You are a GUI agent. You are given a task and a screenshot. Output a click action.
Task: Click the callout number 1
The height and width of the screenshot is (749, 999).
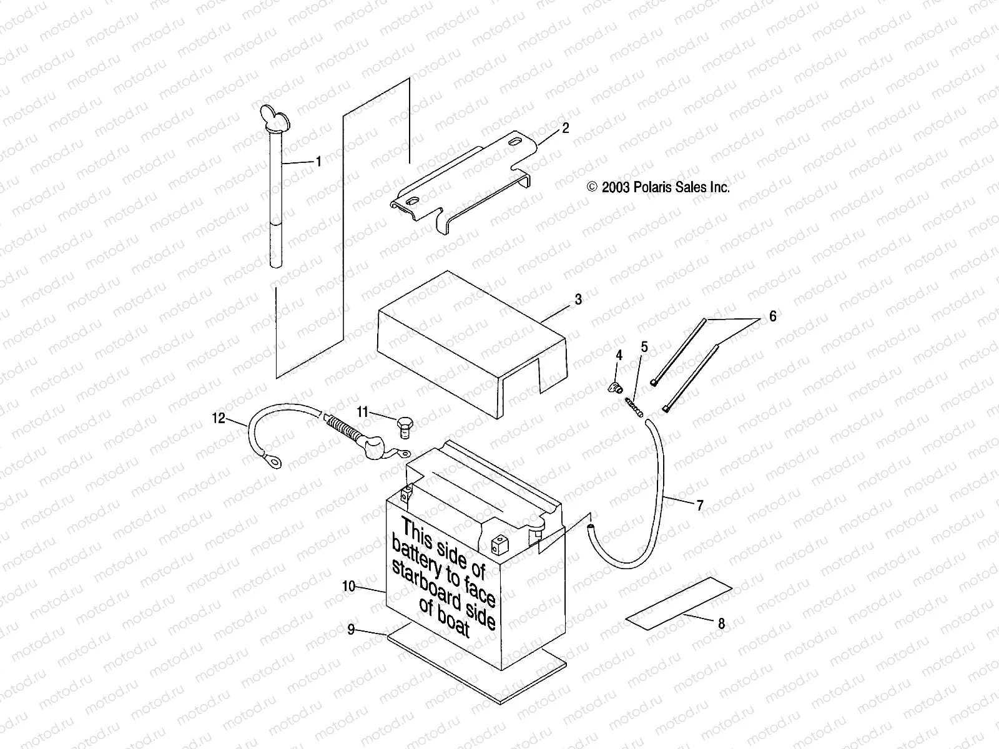tap(318, 162)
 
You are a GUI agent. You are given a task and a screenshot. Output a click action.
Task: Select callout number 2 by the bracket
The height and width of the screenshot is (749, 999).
tap(565, 129)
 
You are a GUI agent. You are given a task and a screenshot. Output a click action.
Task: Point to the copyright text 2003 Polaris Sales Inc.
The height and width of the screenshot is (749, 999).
tap(659, 187)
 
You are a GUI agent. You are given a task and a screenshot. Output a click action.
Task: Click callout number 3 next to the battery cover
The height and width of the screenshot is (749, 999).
tap(578, 300)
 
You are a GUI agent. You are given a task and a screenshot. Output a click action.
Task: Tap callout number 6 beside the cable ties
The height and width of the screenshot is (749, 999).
tap(772, 316)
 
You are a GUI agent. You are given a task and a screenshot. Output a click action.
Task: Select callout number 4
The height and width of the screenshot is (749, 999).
tap(619, 356)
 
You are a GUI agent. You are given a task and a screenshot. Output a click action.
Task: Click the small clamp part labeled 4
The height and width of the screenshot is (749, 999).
tap(615, 388)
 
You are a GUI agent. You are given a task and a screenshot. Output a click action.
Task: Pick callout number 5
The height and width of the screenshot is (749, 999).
tap(644, 347)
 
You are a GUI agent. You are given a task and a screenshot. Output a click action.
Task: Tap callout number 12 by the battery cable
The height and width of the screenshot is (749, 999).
tap(218, 419)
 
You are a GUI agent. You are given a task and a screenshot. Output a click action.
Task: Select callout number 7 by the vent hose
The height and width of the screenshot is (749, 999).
tap(699, 506)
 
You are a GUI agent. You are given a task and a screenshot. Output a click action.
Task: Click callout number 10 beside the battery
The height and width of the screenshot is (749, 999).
tap(348, 586)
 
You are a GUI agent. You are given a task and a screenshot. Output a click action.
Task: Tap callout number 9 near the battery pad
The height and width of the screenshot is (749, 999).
tap(351, 630)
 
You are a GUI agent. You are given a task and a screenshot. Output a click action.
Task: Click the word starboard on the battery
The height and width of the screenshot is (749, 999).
tap(431, 580)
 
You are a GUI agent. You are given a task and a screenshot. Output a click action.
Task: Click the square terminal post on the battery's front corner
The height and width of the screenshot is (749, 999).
tap(498, 544)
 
